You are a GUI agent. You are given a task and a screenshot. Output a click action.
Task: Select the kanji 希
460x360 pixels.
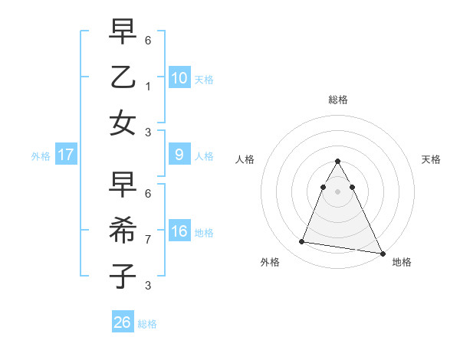123,230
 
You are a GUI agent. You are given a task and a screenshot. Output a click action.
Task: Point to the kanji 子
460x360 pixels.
123,275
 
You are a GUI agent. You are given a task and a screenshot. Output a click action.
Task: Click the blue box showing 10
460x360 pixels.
179,77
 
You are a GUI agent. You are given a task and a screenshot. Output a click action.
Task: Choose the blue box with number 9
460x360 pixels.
179,155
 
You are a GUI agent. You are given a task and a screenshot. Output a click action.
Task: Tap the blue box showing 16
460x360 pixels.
179,231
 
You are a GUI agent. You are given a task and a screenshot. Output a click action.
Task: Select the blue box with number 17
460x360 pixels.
66,155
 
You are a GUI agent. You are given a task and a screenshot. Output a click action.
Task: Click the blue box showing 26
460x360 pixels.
123,322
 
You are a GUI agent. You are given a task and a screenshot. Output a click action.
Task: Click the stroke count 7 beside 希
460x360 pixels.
148,239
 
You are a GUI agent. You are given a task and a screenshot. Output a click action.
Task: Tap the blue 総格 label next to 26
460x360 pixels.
147,324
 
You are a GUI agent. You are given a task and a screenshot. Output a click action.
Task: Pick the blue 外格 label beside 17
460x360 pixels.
41,156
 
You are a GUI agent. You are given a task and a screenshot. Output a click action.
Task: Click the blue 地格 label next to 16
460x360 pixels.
205,233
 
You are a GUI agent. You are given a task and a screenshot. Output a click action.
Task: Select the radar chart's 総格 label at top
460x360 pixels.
338,100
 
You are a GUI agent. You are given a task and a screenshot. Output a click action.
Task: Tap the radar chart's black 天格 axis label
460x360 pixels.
431,159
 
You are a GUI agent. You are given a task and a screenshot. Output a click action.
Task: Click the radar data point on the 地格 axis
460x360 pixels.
382,252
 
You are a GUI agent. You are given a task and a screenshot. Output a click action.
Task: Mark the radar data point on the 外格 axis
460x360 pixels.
302,242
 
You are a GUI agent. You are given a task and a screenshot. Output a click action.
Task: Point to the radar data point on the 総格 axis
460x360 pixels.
338,161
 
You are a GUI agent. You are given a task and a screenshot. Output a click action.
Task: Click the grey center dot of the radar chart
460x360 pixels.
338,191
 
